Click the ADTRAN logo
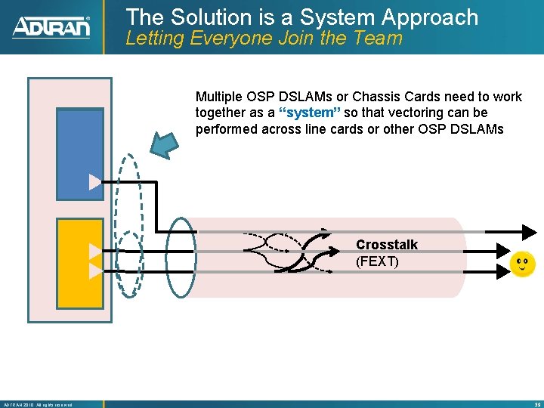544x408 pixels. [x=51, y=27]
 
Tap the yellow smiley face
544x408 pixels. [x=522, y=264]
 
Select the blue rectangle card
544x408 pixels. [x=80, y=154]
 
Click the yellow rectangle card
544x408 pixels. [x=80, y=263]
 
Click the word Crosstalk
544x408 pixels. [x=386, y=245]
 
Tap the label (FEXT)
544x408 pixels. [x=377, y=262]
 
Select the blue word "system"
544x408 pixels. [x=310, y=113]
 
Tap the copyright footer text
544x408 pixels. [x=38, y=404]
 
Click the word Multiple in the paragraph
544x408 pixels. [x=219, y=97]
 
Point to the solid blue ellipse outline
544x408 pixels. [x=180, y=256]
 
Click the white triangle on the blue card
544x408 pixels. [x=94, y=182]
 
